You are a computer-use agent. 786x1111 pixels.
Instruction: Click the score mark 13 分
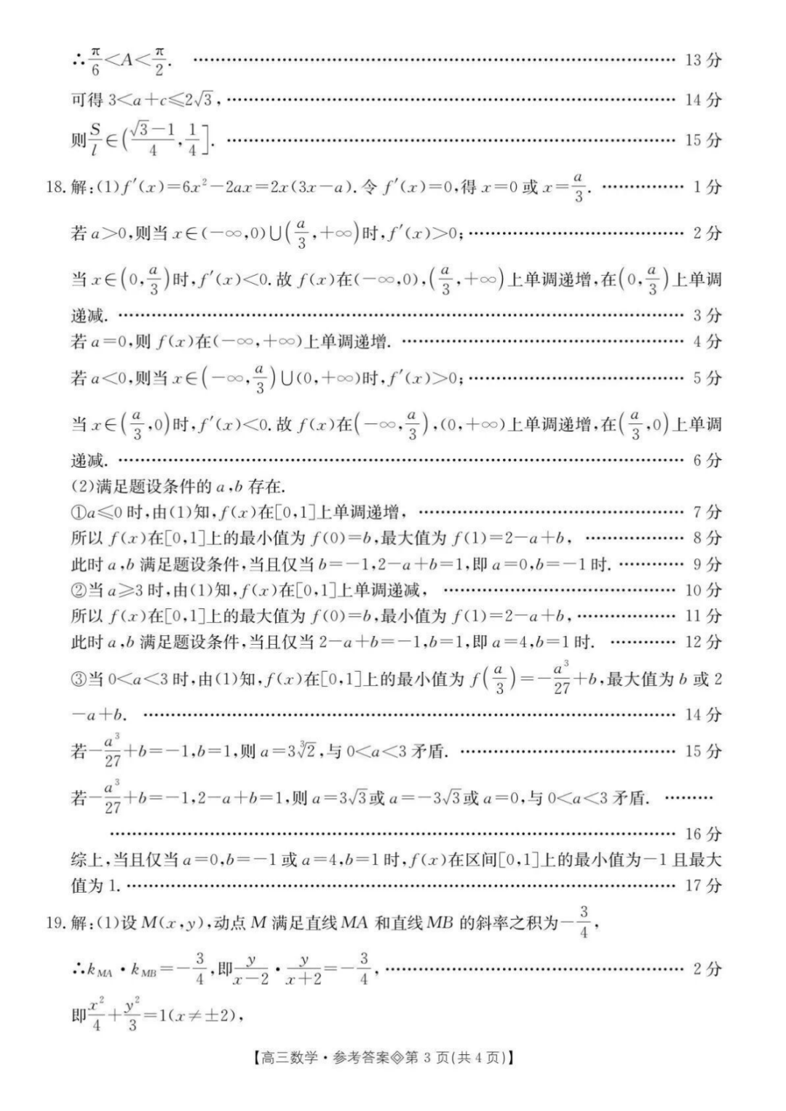coord(702,60)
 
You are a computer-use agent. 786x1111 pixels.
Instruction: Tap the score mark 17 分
coord(702,885)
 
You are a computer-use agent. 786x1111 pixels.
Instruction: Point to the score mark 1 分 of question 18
coord(706,188)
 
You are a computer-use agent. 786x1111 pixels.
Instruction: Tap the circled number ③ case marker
coord(78,680)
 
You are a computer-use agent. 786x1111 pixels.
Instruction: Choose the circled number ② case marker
coord(78,590)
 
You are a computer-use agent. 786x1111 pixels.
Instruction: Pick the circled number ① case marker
coord(78,512)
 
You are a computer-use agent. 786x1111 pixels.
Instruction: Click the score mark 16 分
coord(702,834)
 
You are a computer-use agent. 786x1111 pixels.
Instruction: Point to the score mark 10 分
coord(702,590)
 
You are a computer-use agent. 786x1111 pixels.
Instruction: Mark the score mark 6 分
coord(706,460)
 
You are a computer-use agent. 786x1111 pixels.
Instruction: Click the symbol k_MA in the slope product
coord(100,971)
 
